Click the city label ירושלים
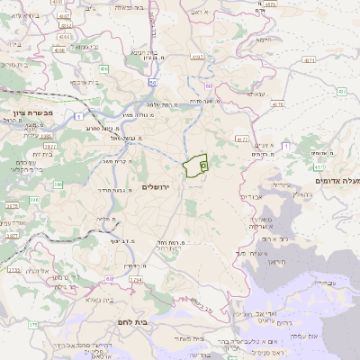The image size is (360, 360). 157,185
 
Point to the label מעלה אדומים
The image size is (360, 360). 337,181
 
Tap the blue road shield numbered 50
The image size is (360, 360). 209,86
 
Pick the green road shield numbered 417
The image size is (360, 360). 318,167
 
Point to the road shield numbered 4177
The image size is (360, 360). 242,139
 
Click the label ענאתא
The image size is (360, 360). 256,94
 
